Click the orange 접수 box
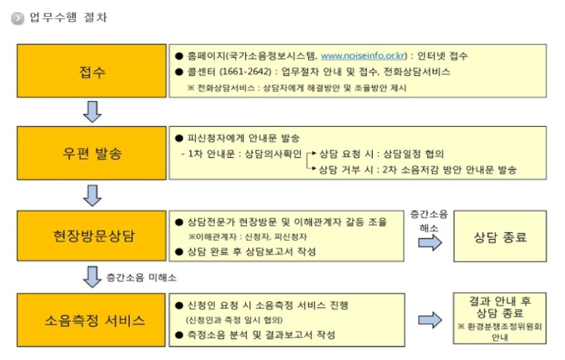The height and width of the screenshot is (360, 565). [92, 72]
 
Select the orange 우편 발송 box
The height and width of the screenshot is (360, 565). [92, 154]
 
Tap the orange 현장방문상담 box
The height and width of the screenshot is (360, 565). [92, 236]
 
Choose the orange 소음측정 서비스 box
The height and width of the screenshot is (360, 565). [92, 319]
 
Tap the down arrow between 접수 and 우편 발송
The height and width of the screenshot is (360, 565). [92, 112]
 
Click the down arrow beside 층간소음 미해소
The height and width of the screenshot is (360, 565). [92, 276]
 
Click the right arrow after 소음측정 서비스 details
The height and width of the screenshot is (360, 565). [430, 320]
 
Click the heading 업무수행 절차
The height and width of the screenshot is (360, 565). [68, 18]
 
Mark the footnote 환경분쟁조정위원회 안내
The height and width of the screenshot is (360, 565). [499, 331]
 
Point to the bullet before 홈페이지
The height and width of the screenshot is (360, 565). [178, 56]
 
